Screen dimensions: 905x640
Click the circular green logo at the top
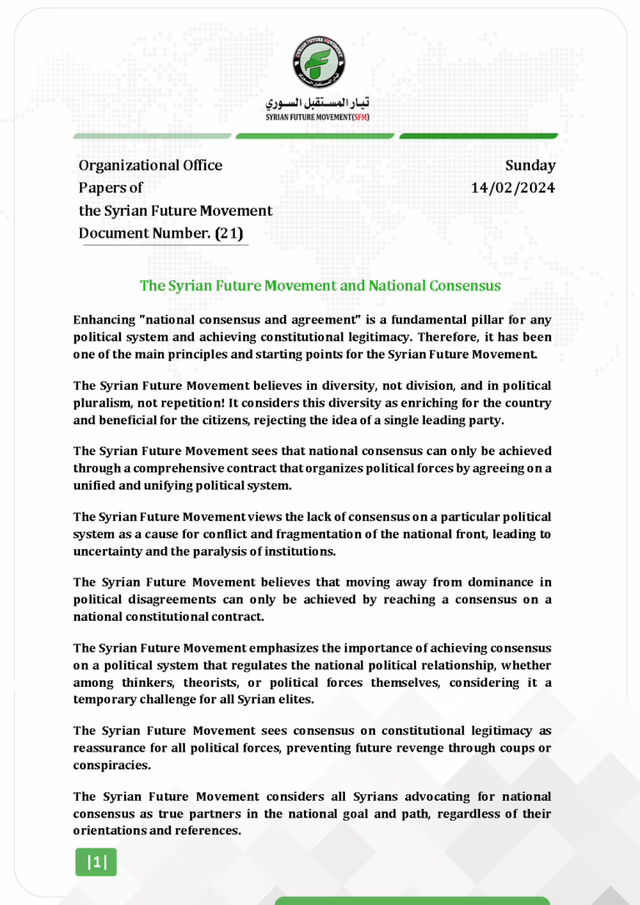319,64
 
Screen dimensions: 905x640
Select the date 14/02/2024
512,187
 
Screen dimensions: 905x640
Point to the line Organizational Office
150,165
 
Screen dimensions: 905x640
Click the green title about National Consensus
319,286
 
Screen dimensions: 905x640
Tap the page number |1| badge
96,862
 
